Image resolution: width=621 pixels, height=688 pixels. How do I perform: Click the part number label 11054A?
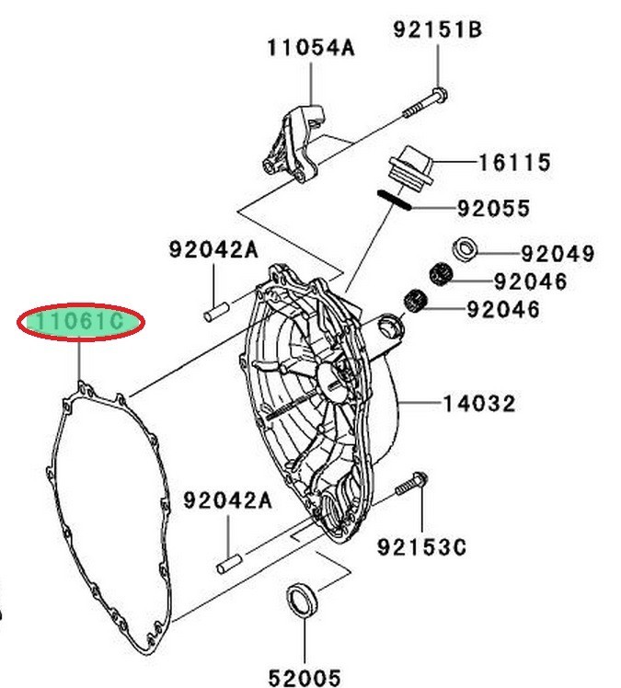pos(311,48)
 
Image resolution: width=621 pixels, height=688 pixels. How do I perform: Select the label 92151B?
pos(439,29)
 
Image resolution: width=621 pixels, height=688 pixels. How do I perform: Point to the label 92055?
pos(493,209)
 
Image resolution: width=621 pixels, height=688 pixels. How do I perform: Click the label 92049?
pos(558,253)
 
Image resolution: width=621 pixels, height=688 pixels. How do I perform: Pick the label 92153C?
pos(421,548)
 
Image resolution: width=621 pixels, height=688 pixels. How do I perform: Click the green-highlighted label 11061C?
pos(80,323)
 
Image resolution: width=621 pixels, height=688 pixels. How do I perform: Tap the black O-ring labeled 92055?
pos(394,199)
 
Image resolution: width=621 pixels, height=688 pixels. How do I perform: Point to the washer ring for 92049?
pos(465,247)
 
